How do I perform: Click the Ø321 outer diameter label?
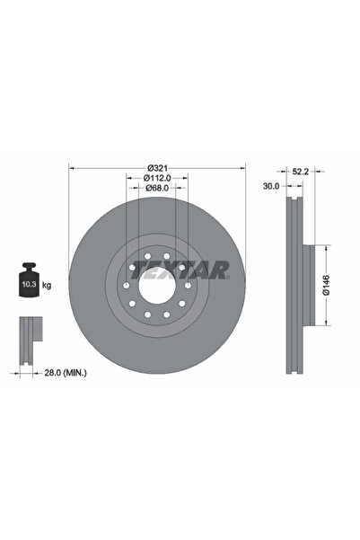tap(156, 167)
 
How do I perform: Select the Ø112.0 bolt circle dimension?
tap(156, 178)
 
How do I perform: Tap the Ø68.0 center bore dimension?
tap(156, 189)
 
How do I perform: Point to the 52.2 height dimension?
tap(302, 171)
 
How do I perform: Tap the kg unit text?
tap(46, 285)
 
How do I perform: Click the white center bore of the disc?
tap(156, 287)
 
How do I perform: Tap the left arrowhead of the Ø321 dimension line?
tap(72, 167)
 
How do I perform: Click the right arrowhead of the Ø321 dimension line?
tap(241, 167)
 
